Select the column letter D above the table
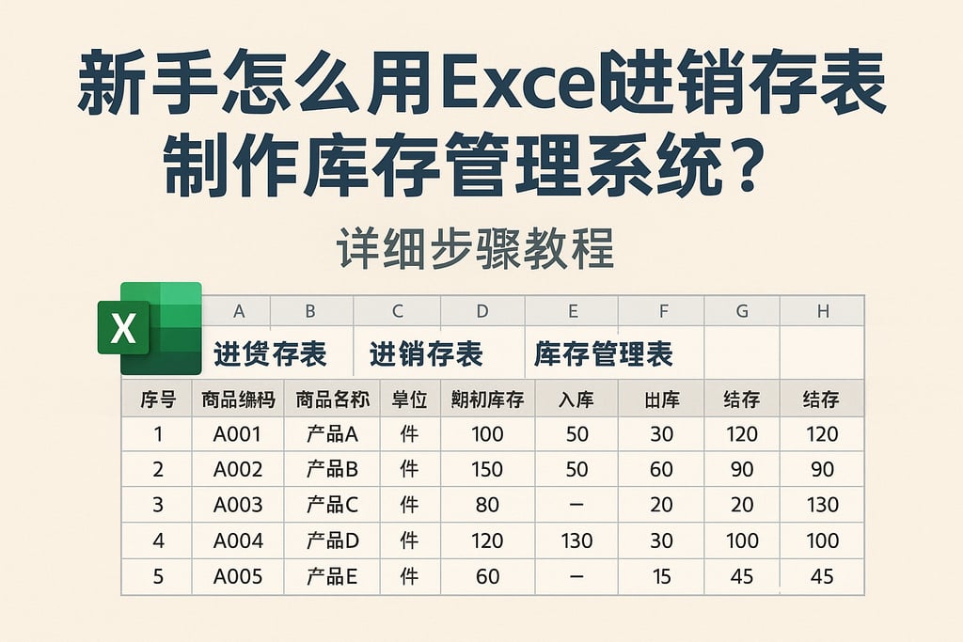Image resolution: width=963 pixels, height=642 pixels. (x=482, y=311)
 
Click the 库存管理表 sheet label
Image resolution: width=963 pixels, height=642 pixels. (x=604, y=354)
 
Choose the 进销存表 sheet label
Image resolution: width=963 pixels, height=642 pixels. (x=426, y=354)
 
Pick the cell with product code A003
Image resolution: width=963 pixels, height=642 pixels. (x=238, y=505)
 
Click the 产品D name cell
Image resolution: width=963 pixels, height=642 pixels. (x=332, y=540)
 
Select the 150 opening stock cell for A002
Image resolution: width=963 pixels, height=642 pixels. (x=487, y=469)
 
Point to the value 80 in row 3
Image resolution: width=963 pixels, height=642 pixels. (x=487, y=505)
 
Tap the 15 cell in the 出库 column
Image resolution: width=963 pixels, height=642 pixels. (x=661, y=576)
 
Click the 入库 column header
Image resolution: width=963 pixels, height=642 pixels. (x=576, y=399)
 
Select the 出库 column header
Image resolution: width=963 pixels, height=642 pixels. (x=661, y=399)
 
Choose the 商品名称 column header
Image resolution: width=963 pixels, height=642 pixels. (x=332, y=399)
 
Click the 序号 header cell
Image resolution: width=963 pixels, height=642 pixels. (x=157, y=399)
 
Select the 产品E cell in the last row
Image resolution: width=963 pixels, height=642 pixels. (x=332, y=576)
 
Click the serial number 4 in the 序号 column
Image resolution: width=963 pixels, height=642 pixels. (x=157, y=540)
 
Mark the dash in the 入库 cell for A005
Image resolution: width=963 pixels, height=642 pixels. (x=576, y=576)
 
